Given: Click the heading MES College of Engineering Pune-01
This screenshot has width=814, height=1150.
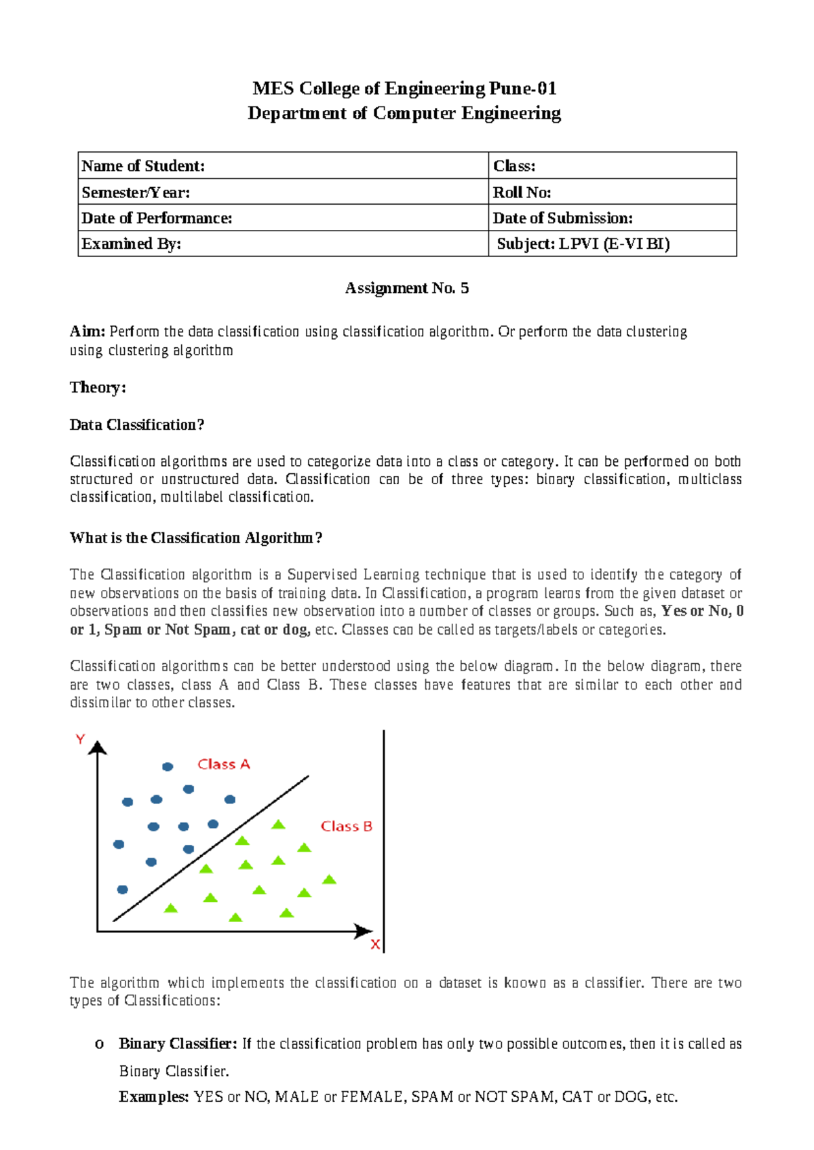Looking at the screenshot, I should point(404,89).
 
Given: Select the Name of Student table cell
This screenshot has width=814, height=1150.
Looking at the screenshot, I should point(282,166).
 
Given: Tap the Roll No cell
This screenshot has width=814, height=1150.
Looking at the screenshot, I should point(612,193).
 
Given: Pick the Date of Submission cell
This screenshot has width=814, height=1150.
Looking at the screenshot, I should point(612,218).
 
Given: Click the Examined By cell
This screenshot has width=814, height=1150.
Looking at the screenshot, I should point(282,244).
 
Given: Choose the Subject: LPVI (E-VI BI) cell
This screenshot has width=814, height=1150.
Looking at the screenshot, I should point(612,244).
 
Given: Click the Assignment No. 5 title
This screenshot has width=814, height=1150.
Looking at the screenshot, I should point(406,288).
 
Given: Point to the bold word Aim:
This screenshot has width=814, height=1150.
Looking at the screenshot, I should point(88,332).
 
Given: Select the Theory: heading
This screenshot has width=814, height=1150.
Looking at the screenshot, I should point(98,387).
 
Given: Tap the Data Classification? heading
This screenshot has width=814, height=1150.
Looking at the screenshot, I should point(137,425).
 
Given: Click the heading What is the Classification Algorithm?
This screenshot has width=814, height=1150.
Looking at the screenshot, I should point(196,538).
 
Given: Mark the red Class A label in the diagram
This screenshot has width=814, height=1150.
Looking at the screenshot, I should point(224,764).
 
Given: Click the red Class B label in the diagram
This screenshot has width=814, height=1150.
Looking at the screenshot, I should point(347,827).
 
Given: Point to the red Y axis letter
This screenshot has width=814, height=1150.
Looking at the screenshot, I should point(80,740).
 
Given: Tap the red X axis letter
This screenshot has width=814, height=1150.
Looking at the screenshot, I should point(375,945).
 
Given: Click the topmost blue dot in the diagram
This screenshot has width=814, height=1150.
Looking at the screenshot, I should point(168,767).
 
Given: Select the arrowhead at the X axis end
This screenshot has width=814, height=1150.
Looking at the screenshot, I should point(364,932).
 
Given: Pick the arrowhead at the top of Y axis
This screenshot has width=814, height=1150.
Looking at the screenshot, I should point(98,748).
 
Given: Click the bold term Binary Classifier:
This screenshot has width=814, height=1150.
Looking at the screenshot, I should point(178,1044).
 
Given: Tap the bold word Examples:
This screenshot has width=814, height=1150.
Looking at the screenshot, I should point(153,1097).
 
